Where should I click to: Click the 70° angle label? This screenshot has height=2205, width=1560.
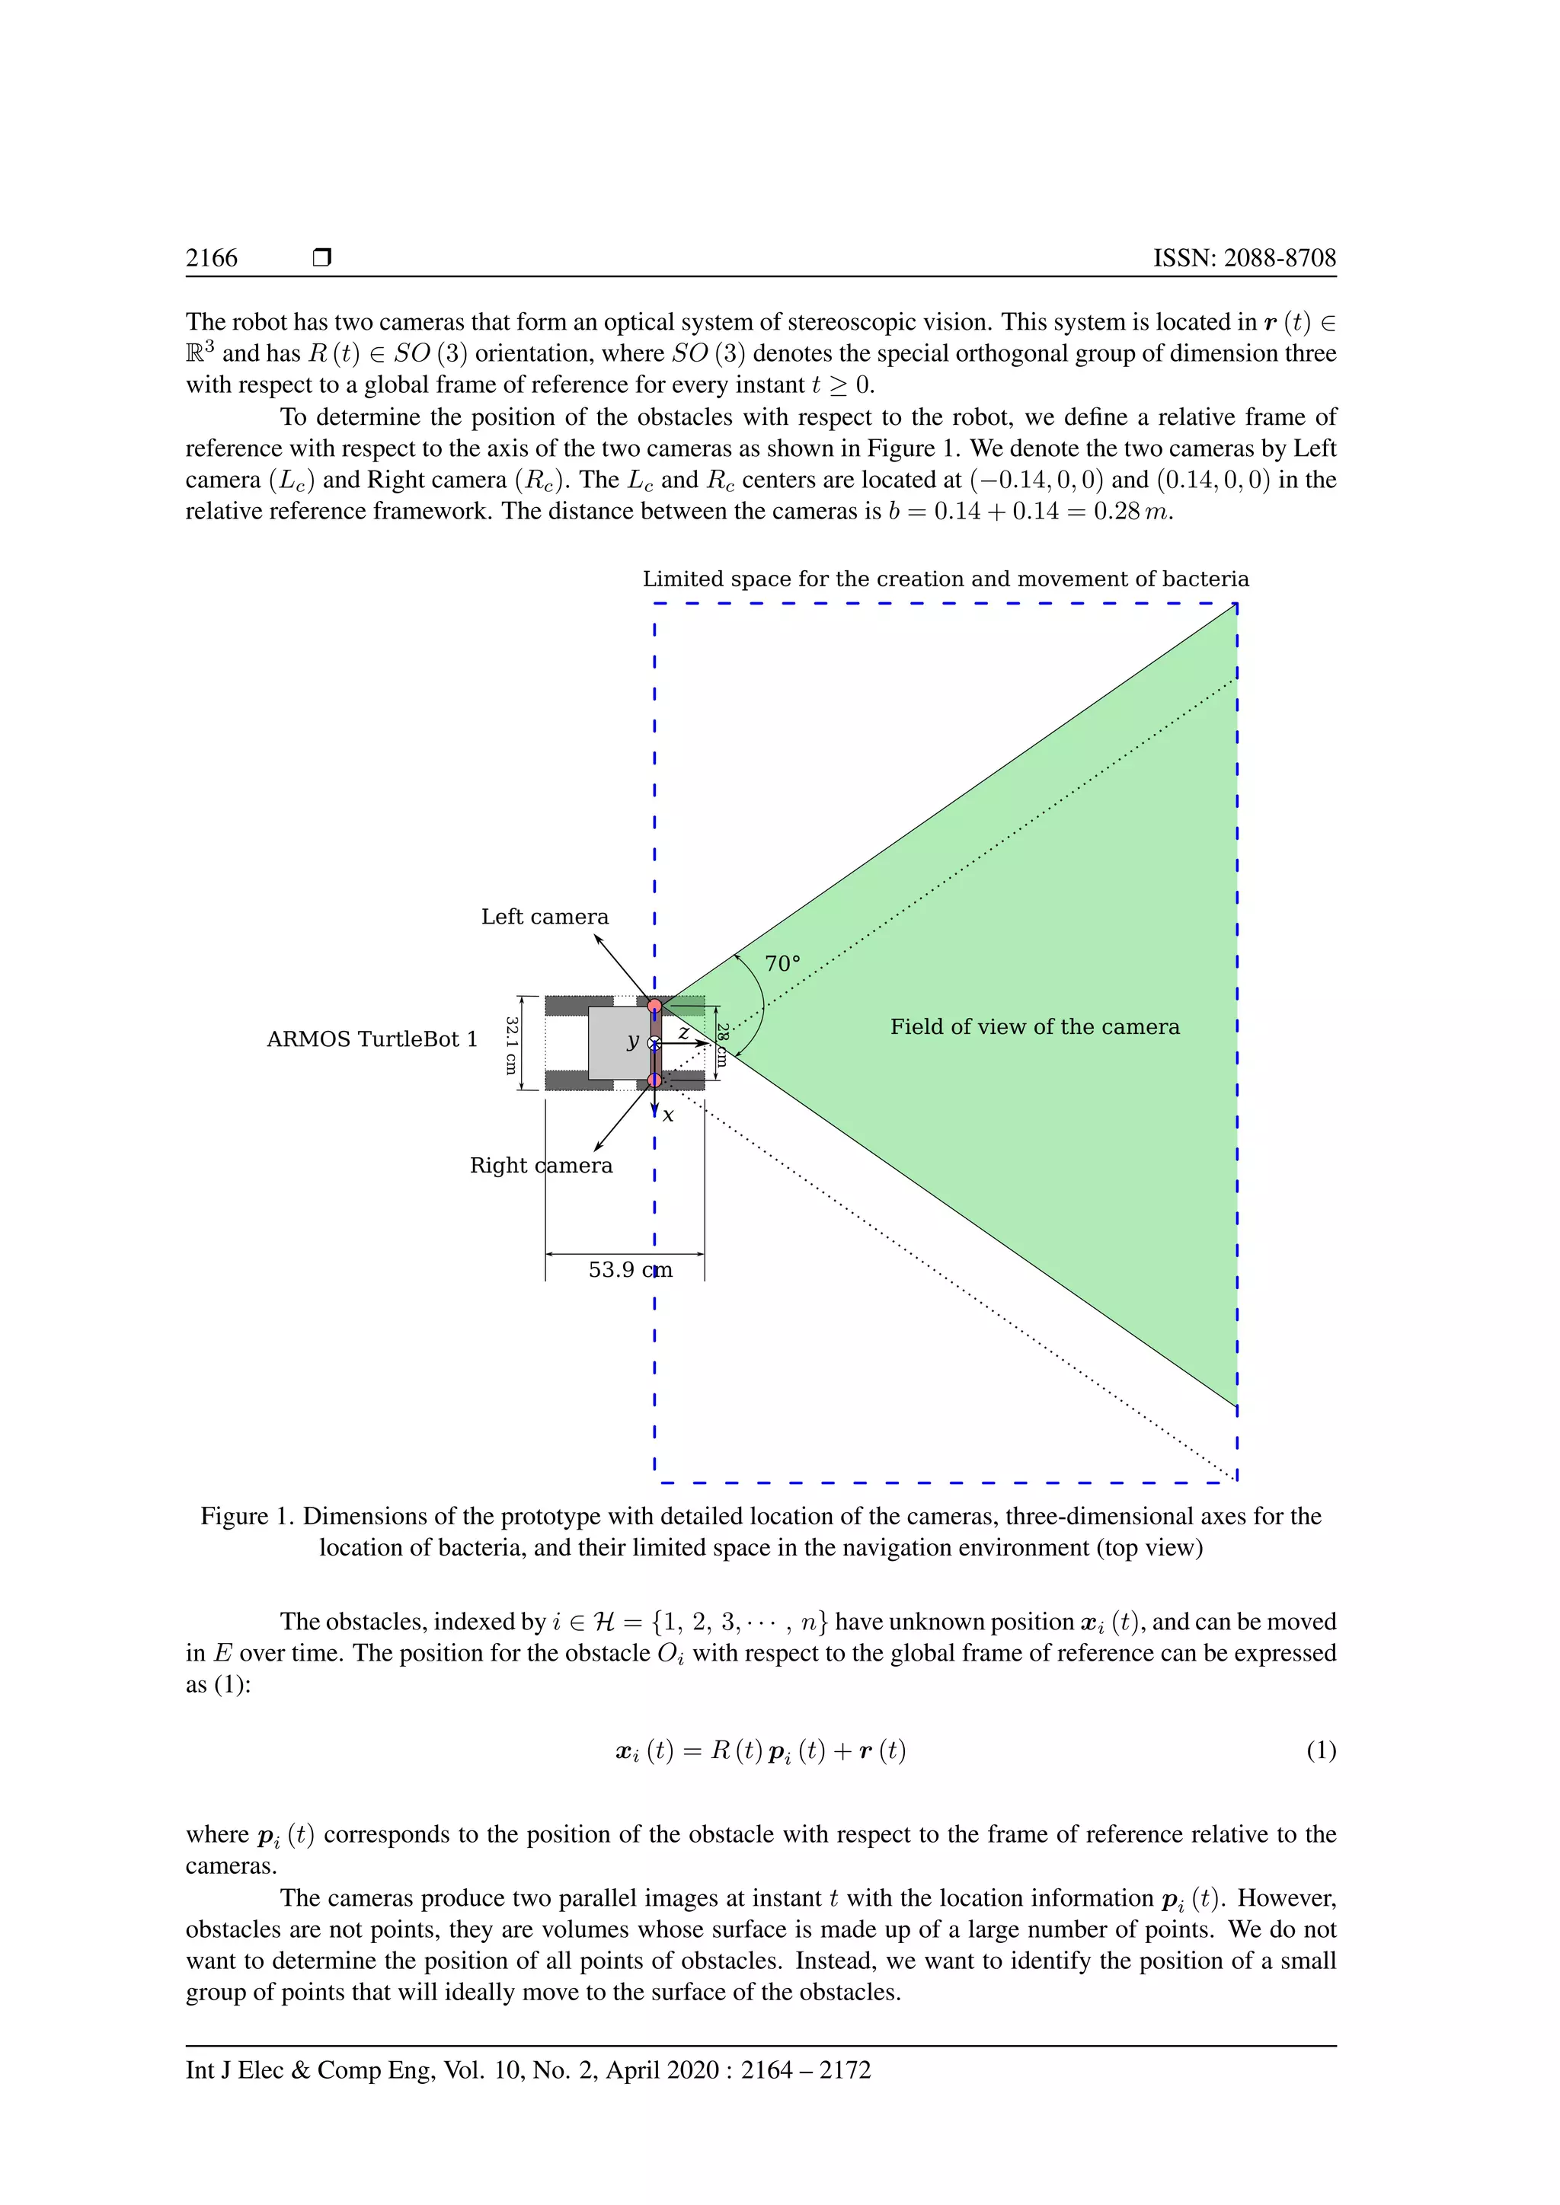coord(782,963)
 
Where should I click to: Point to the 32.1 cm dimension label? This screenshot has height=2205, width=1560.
coord(511,1045)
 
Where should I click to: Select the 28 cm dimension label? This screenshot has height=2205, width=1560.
coord(721,1045)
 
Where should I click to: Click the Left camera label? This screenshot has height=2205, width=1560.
coord(545,917)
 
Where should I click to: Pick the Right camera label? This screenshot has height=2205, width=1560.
coord(541,1165)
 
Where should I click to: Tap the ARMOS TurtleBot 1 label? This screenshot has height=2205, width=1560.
coord(372,1039)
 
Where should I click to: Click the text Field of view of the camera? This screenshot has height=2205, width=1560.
coord(1034,1026)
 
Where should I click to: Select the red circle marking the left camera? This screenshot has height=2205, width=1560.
coord(654,1006)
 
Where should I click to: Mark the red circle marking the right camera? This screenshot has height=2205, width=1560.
coord(654,1080)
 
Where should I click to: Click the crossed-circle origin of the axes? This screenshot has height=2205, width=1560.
coord(654,1043)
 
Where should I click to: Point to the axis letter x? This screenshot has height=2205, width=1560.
coord(669,1116)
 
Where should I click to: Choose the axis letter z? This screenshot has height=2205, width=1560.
coord(683,1032)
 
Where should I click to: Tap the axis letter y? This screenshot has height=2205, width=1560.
coord(632,1041)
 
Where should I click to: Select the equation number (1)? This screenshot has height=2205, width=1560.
coord(1321,1750)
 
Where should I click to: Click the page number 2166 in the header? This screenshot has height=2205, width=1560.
coord(211,257)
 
